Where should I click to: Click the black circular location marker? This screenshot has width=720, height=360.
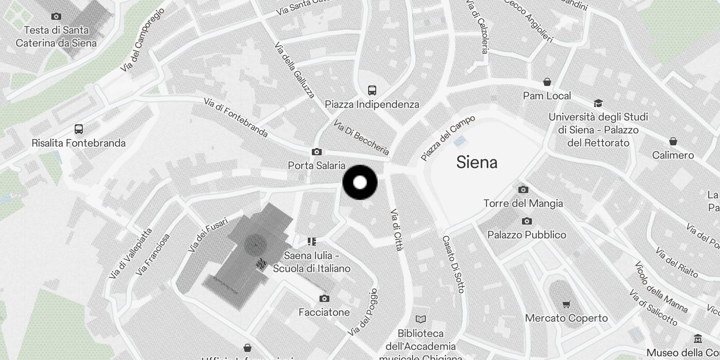360,182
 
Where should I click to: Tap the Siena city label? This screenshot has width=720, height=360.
477,162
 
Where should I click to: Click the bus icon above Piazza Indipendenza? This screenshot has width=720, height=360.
372,90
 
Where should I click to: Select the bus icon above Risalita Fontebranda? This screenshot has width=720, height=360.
79,129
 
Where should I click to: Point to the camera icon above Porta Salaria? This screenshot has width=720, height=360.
317,152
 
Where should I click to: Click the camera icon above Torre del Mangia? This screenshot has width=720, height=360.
523,189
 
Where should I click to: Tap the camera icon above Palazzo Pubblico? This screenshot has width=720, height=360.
526,221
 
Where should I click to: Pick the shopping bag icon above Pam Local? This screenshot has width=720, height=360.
547,82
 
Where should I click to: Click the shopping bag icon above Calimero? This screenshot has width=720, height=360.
673,141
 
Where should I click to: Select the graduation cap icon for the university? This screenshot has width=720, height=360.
598,103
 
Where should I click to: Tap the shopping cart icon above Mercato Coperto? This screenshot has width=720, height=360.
566,305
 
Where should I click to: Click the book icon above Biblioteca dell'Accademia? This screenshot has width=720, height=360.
420,319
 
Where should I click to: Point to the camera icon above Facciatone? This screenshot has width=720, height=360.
324,298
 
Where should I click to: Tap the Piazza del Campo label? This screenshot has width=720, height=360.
448,138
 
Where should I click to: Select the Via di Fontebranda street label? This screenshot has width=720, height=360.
236,117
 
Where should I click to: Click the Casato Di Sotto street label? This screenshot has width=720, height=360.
453,264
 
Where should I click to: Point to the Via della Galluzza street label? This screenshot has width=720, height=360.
294,71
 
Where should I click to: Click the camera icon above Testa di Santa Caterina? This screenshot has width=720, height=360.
56,17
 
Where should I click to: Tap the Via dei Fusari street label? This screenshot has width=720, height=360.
208,235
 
